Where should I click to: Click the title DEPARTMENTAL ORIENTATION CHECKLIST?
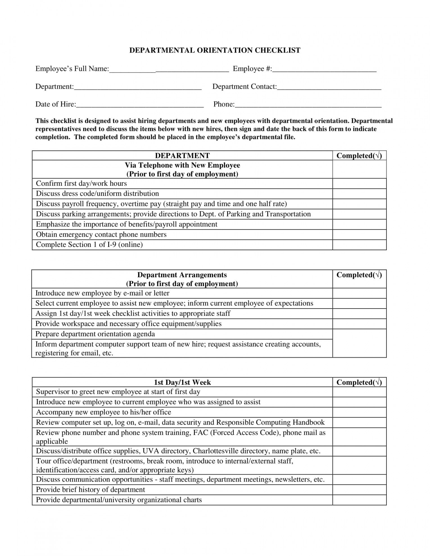point(215,50)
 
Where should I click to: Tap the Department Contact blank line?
point(329,87)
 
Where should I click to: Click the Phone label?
point(224,104)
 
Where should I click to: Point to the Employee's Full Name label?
point(72,69)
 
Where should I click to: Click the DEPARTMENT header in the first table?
point(182,156)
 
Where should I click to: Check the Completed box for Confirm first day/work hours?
point(359,184)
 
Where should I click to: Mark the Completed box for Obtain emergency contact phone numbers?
point(359,234)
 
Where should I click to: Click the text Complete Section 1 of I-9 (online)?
point(89,245)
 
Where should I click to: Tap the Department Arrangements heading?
point(182,275)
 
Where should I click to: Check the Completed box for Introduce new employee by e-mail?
point(359,293)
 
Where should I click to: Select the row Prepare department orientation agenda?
point(95,334)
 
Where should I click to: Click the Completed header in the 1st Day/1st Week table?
point(359,382)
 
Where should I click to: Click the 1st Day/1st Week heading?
point(182,382)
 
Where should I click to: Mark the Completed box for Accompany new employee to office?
point(359,412)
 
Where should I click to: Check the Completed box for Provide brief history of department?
point(359,490)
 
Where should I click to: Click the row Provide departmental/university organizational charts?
point(119,500)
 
